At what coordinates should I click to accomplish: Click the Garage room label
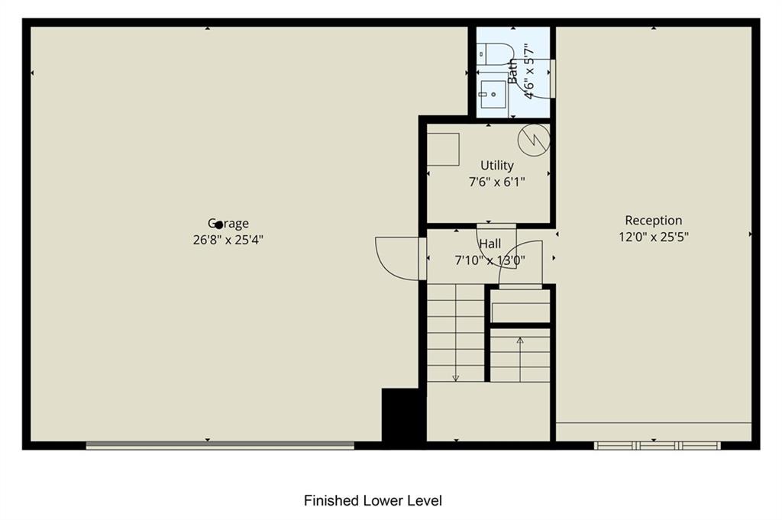228,224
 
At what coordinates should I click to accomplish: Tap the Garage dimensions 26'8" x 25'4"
228,240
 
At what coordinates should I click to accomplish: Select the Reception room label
654,221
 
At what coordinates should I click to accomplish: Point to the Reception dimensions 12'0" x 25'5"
654,237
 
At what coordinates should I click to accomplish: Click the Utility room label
496,166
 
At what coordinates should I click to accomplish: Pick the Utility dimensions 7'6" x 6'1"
496,182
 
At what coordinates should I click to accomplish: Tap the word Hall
490,244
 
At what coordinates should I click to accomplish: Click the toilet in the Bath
495,54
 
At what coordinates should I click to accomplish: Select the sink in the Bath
493,94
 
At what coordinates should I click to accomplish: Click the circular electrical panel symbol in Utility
534,140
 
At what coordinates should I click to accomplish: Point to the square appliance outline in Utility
443,149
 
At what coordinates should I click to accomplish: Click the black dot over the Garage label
218,225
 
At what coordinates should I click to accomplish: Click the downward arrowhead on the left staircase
455,379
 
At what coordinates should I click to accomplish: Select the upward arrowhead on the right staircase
520,341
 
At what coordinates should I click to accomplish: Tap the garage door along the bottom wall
220,445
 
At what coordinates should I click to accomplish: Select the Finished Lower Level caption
373,501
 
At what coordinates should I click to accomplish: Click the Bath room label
512,71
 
